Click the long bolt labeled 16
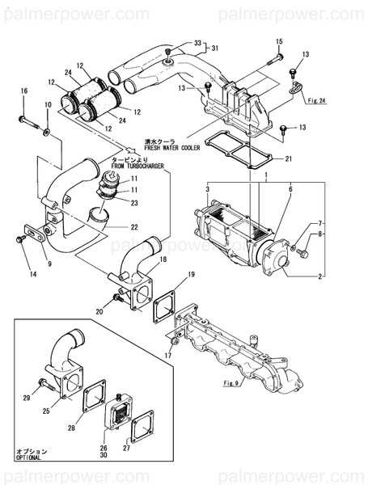pyautogui.click(x=30, y=122)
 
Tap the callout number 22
pyautogui.click(x=134, y=227)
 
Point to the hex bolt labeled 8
pyautogui.click(x=303, y=253)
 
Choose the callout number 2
pyautogui.click(x=320, y=276)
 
